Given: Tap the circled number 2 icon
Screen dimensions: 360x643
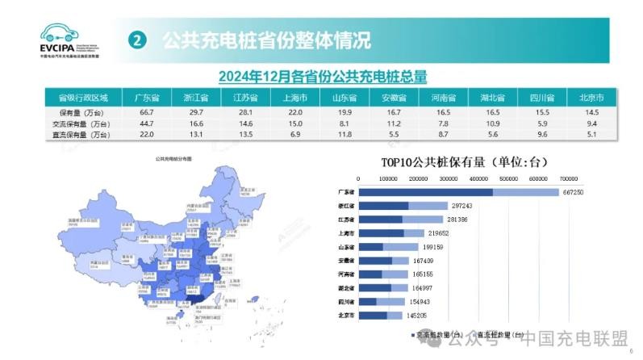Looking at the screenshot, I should pos(139,40).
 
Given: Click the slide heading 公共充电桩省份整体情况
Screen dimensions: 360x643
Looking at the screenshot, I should pos(266,40).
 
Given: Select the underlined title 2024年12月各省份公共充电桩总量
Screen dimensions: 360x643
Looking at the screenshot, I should pos(322,77).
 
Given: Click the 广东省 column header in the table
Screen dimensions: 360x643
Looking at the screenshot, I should pos(146,98).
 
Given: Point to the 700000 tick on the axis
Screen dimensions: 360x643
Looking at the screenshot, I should pos(567,178).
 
